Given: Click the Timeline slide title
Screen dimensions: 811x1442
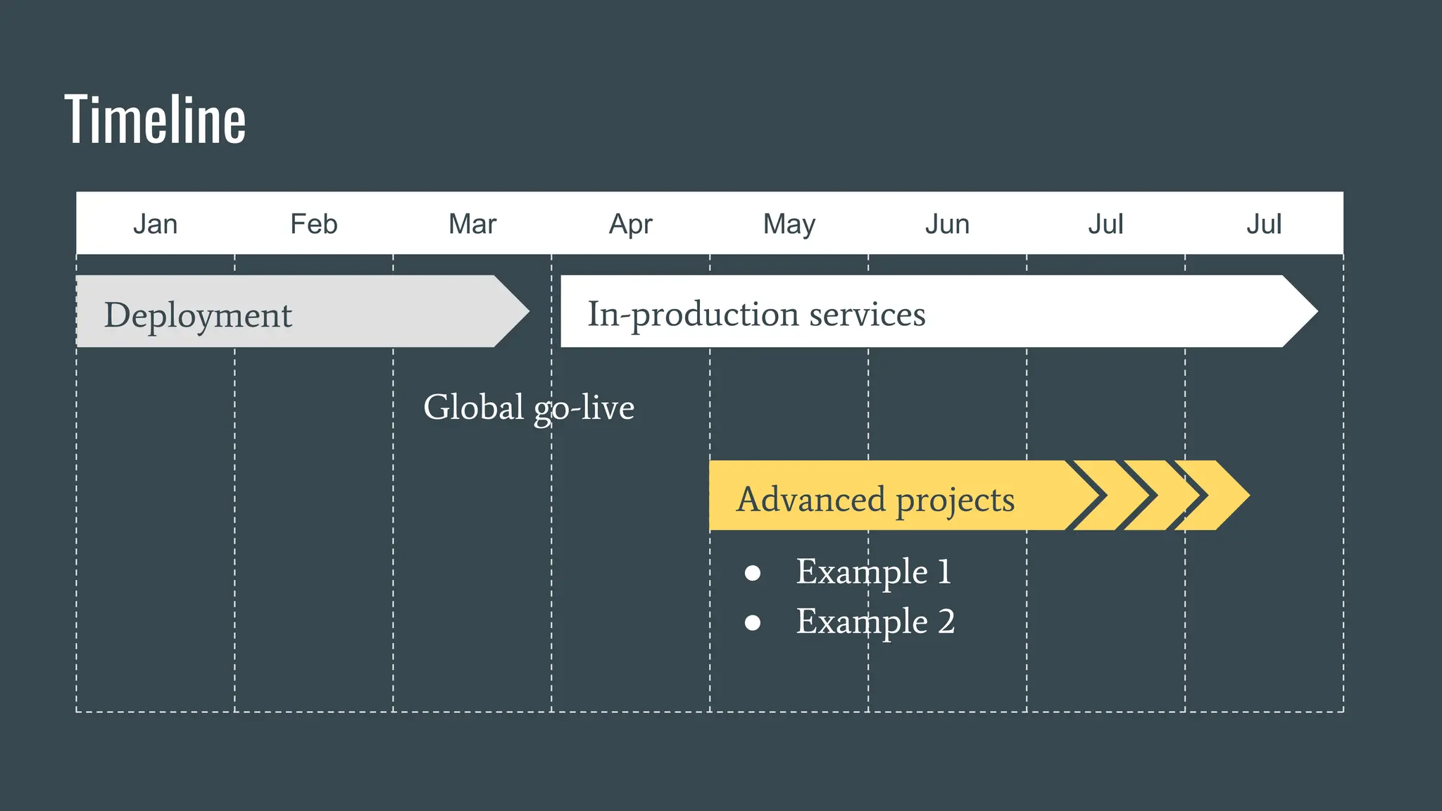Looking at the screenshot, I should pyautogui.click(x=155, y=120).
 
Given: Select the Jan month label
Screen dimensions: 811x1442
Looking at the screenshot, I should pyautogui.click(x=155, y=225).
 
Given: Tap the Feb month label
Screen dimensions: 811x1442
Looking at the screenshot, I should pyautogui.click(x=313, y=225).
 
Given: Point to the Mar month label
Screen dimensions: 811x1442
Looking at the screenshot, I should pyautogui.click(x=472, y=225).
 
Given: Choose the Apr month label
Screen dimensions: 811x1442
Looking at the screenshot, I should pyautogui.click(x=630, y=225).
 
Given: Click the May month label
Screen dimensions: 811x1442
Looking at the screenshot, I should pyautogui.click(x=789, y=225).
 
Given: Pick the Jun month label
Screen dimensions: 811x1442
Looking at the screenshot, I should pyautogui.click(x=947, y=225).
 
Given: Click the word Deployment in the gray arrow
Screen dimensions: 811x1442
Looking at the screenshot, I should pyautogui.click(x=198, y=315).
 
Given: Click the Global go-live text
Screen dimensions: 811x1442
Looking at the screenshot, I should pyautogui.click(x=529, y=408).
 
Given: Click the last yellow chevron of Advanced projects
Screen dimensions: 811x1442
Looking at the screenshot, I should pyautogui.click(x=1222, y=495).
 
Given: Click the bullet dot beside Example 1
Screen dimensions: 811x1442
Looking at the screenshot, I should pyautogui.click(x=752, y=572).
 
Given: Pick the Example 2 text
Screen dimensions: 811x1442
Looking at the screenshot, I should pyautogui.click(x=875, y=622).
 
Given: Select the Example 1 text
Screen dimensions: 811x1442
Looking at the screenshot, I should pyautogui.click(x=873, y=572).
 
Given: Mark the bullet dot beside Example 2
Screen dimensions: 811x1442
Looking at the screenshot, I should pyautogui.click(x=752, y=622).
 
